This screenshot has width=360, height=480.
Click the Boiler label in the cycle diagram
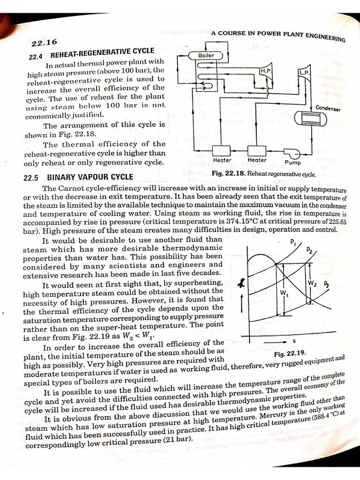click(206, 55)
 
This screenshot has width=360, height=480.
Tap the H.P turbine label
click(265, 70)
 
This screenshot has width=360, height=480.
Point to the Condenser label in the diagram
click(328, 109)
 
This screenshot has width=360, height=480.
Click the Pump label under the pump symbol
click(292, 164)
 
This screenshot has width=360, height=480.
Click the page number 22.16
click(44, 43)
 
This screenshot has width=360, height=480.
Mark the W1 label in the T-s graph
click(284, 293)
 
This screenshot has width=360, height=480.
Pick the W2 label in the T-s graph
click(313, 284)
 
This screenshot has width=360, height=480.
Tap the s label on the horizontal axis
click(293, 341)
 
